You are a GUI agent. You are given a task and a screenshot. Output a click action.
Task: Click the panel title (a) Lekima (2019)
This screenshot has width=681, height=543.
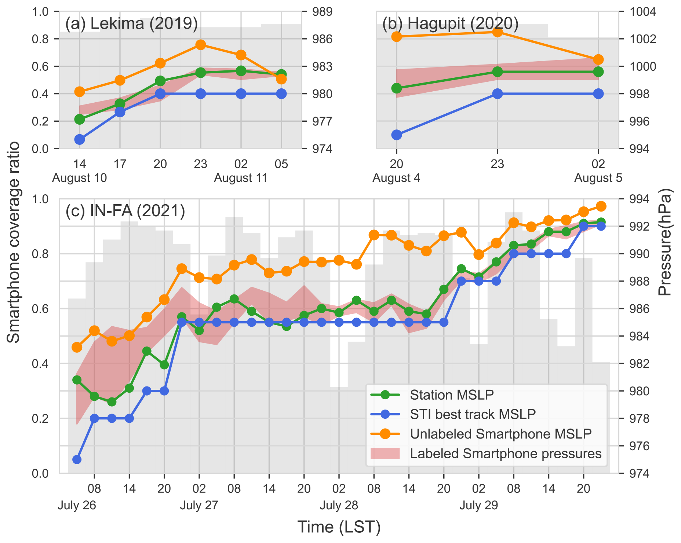tap(131, 24)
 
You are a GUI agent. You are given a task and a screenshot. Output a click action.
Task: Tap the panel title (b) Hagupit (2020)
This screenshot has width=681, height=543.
tap(450, 24)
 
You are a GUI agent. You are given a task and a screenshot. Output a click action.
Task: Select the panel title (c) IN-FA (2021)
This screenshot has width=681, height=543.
tap(125, 211)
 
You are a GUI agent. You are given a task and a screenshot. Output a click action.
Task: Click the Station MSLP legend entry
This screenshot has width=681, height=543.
tap(452, 395)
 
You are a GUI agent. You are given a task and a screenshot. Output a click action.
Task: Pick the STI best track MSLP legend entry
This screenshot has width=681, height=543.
tap(473, 414)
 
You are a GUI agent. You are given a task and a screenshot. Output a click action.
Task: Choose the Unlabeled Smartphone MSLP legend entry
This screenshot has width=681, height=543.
tap(500, 434)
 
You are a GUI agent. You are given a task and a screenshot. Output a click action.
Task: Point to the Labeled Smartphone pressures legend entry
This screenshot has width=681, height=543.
tap(506, 454)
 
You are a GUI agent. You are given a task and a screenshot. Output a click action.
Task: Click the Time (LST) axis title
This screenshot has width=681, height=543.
tap(339, 527)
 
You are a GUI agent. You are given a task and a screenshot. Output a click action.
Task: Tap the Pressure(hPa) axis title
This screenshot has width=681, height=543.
tap(665, 242)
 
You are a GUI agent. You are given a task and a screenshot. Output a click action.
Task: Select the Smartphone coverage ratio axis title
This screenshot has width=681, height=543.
tap(14, 242)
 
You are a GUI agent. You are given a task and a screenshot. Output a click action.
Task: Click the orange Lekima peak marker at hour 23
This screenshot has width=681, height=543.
tap(200, 45)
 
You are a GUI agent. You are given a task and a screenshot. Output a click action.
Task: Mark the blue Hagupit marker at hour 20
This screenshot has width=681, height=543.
tap(397, 135)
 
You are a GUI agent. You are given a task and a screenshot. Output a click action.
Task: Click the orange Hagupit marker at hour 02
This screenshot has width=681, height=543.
tap(598, 60)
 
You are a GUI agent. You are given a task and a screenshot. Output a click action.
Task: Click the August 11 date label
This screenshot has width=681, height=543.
tap(241, 178)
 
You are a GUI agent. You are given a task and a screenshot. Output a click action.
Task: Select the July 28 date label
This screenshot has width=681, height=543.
tap(339, 506)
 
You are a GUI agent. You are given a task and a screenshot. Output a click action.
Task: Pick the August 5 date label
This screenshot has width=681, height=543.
tap(598, 178)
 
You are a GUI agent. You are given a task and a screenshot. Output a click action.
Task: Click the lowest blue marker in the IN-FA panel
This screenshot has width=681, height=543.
tap(77, 459)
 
